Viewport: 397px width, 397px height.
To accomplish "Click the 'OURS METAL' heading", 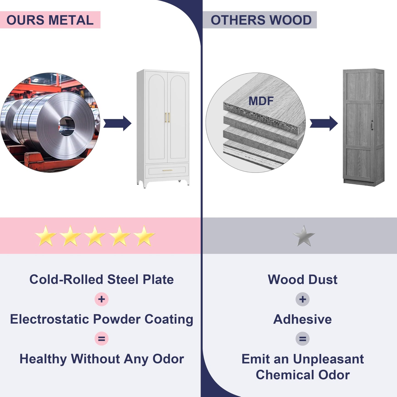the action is point(50,20).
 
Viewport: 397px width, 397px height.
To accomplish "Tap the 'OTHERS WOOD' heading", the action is point(261,20).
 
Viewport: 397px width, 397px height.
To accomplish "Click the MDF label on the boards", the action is point(261,101).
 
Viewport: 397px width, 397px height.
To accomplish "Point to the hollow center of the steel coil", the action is point(66,126).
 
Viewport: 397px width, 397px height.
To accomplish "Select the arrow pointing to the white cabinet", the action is point(117,123).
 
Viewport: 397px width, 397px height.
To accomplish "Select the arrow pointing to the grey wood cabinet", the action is point(324,123).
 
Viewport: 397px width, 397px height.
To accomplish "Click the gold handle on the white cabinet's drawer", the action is point(167,170).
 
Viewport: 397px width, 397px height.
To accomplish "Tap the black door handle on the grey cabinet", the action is point(372,126).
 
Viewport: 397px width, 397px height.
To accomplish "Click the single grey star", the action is point(304,236).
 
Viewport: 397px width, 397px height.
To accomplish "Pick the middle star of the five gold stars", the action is point(95,236).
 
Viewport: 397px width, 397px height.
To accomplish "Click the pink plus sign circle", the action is point(102,299).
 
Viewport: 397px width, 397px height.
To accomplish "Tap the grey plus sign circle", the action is point(302,299).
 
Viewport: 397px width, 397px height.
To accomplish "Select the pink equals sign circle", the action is point(102,338).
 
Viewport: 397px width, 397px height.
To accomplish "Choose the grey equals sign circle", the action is point(302,338).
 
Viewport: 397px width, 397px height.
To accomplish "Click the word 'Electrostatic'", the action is point(50,319).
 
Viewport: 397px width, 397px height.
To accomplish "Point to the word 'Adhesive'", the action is point(302,319).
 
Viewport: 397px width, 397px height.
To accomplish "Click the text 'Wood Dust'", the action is point(302,280).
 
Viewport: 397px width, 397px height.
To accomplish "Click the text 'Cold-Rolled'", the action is point(66,280).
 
